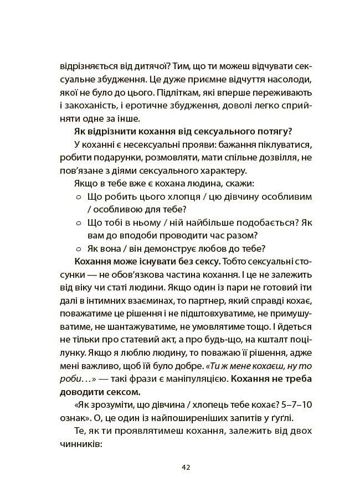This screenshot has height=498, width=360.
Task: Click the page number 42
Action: pyautogui.click(x=186, y=466)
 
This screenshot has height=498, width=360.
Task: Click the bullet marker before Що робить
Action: pyautogui.click(x=78, y=197)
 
